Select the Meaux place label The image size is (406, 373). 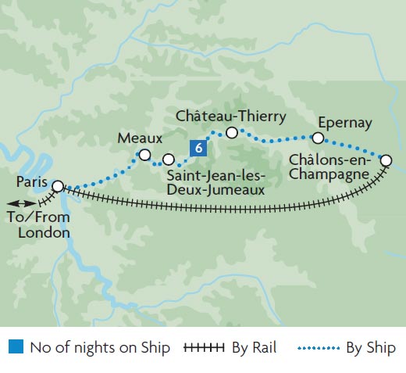(139, 138)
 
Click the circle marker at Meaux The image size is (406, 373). (144, 156)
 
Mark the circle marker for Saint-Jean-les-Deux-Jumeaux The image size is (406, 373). (168, 160)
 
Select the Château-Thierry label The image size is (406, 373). (230, 117)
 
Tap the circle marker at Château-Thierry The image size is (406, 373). (231, 133)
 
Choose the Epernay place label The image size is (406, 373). (344, 122)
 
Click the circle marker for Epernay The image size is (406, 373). (318, 138)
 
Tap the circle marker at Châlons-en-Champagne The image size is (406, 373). (386, 160)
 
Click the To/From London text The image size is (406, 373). (37, 225)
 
